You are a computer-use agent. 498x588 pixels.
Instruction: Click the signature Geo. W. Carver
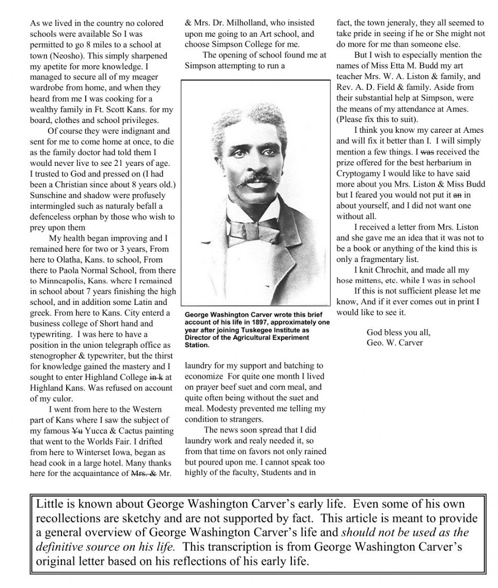[x=395, y=343]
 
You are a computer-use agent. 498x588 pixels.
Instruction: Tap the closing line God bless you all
[x=398, y=332]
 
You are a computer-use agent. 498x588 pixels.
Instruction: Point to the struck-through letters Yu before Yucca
[x=76, y=431]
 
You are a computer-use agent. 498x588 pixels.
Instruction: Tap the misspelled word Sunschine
[x=52, y=196]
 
